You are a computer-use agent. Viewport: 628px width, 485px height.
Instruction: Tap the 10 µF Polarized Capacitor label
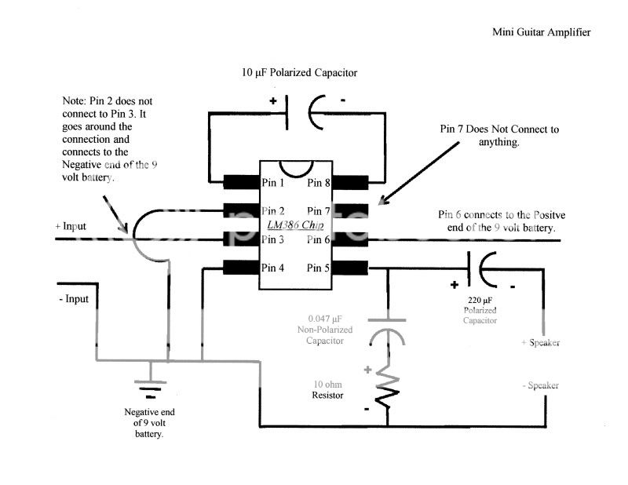299,72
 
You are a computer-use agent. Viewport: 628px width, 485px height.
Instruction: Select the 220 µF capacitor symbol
480,268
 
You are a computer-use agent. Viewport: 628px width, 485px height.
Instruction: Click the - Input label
73,299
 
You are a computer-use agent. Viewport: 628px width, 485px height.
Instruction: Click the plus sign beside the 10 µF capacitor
274,100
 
